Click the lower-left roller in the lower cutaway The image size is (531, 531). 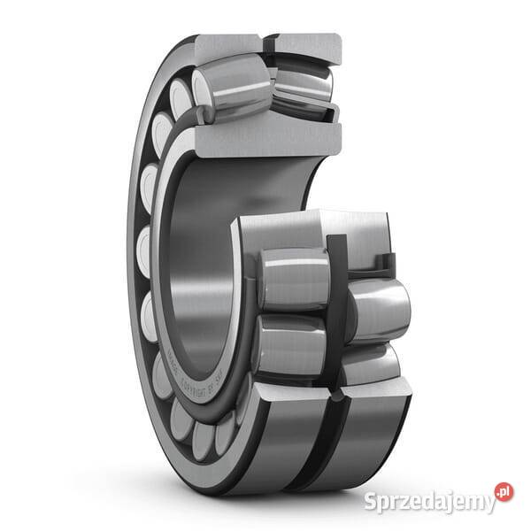pos(289,345)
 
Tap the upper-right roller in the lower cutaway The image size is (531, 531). pos(380,310)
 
